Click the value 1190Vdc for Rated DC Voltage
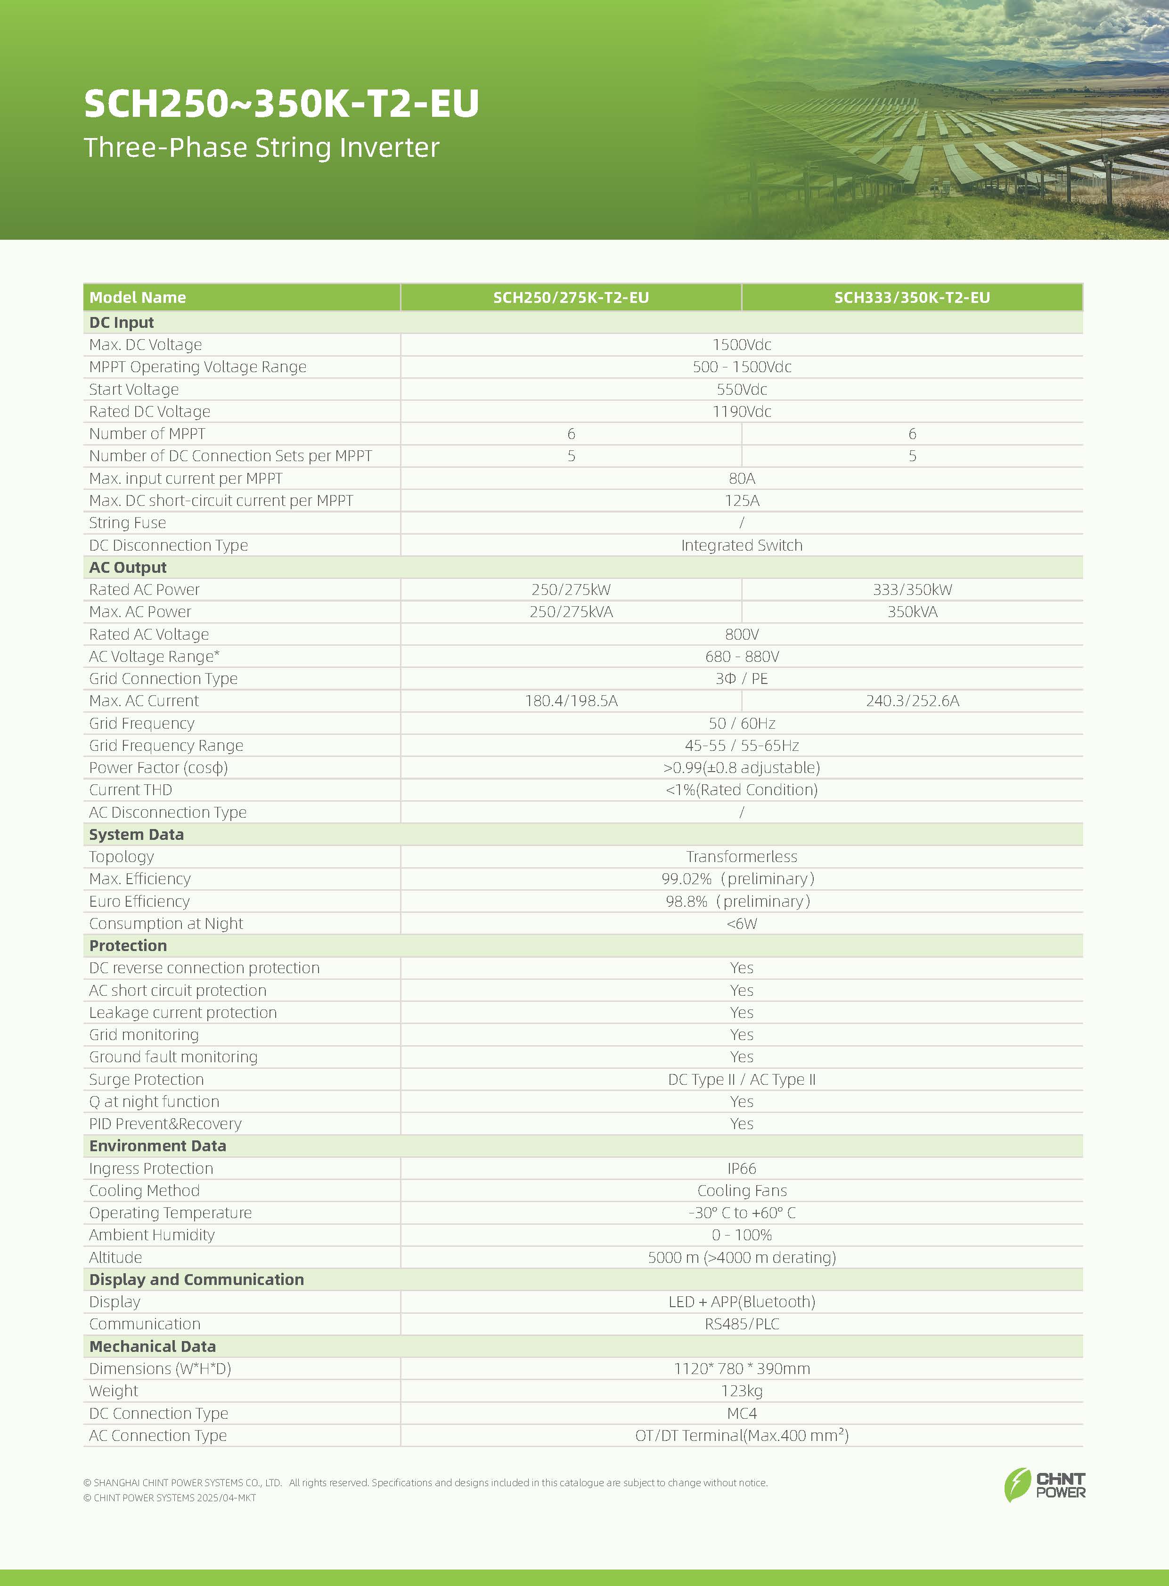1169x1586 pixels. [x=742, y=412]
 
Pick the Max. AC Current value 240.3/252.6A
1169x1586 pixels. [x=912, y=701]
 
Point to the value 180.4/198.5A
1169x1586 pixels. [x=571, y=701]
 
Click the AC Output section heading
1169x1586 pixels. [x=128, y=567]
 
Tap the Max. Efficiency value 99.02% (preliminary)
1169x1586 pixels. [x=738, y=878]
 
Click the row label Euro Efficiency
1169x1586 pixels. [x=139, y=901]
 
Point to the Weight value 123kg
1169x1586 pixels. [x=742, y=1391]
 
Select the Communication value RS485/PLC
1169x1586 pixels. [x=742, y=1324]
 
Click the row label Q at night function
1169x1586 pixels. [x=154, y=1101]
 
